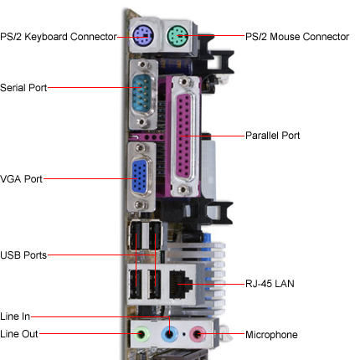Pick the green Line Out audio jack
coord(143,335)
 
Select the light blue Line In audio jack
coord(170,335)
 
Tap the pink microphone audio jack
coord(198,335)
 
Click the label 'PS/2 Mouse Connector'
coord(296,37)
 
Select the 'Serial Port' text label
coord(23,87)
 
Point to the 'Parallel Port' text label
coord(272,135)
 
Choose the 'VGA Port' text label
coord(21,178)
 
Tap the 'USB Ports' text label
coord(23,255)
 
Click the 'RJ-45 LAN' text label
coord(269,284)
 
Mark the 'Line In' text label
coord(15,316)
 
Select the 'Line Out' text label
coord(18,335)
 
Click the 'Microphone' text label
coord(270,335)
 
